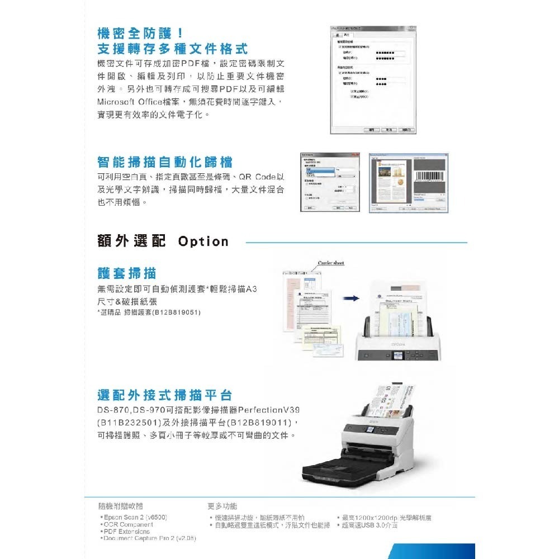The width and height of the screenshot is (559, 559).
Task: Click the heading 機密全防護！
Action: tap(140, 32)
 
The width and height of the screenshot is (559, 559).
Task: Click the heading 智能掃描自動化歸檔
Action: tap(165, 163)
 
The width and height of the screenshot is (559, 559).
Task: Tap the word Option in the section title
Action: tap(203, 241)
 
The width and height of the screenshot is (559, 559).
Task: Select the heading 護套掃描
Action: tap(127, 273)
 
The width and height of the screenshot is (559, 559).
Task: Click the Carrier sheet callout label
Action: tap(331, 263)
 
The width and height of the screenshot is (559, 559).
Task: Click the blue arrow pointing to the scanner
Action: tap(350, 299)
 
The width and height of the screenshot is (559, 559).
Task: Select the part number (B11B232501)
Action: tap(129, 421)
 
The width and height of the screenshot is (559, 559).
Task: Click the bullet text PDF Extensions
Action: tap(126, 532)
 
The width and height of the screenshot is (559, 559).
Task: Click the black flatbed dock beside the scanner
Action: tap(330, 467)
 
